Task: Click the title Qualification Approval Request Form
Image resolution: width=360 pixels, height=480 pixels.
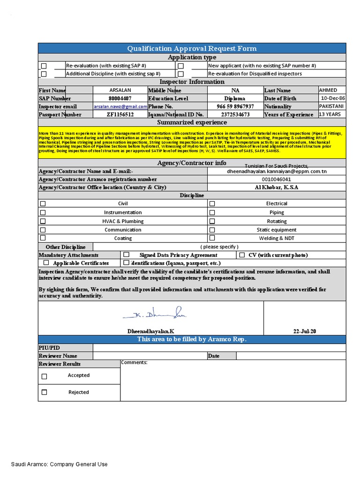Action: point(192,48)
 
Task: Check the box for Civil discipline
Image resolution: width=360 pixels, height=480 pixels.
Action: point(43,204)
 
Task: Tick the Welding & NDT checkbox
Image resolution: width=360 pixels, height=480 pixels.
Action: point(212,238)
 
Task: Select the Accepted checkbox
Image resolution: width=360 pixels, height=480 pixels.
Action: point(45,376)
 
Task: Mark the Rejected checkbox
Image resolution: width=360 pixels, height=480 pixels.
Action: point(45,392)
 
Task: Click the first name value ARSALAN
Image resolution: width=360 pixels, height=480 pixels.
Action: point(120,90)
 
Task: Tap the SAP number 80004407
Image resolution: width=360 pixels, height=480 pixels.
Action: point(120,98)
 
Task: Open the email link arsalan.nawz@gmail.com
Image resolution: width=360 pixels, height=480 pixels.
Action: point(120,107)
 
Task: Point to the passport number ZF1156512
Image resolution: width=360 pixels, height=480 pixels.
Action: point(120,114)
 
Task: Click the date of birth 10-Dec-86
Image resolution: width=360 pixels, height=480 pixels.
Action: point(332,98)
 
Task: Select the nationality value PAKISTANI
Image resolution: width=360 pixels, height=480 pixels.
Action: point(331,106)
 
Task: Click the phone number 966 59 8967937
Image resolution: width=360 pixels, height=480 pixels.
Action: point(235,106)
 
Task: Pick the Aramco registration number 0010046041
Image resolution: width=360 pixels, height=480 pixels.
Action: point(276,180)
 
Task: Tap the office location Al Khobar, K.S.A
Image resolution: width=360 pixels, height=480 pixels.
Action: point(276,187)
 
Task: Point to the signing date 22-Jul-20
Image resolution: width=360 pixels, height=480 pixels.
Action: point(305,331)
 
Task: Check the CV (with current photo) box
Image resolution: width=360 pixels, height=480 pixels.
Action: point(242,255)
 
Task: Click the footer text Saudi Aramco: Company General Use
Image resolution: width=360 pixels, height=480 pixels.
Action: point(60,464)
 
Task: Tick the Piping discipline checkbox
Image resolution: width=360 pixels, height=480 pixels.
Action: point(212,212)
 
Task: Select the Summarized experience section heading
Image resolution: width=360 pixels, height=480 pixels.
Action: point(192,122)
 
